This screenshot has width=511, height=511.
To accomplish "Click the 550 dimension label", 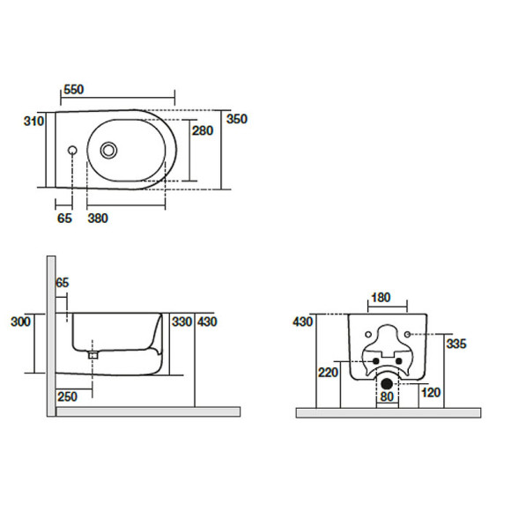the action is (x=74, y=89).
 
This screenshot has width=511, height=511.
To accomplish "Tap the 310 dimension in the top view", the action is (x=33, y=122).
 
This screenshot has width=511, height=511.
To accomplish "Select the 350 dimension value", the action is (x=237, y=119).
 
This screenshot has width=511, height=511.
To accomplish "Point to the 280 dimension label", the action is (x=203, y=130).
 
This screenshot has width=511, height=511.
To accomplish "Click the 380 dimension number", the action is (x=98, y=218).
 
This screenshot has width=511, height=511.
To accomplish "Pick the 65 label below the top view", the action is (x=64, y=218).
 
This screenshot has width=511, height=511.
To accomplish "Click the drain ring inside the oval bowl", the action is (x=108, y=151).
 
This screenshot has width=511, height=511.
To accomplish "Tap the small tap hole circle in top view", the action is (x=72, y=151).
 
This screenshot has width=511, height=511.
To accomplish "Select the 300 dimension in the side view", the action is (x=20, y=322).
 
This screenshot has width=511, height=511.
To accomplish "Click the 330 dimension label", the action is (x=182, y=322).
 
